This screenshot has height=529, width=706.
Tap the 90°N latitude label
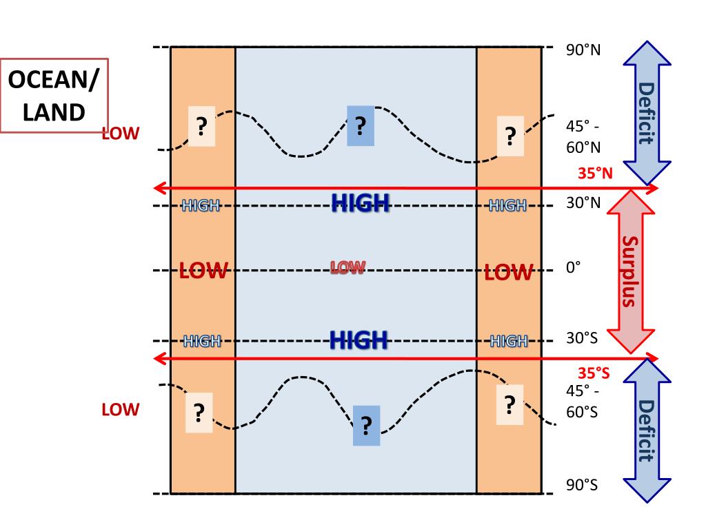tap(582, 52)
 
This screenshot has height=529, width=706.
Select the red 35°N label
tap(594, 174)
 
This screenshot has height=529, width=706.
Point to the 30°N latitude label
tap(582, 203)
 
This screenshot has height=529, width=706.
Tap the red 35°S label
tap(594, 373)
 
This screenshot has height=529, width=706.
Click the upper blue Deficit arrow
tap(647, 113)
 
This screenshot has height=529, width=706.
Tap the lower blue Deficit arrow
tap(646, 430)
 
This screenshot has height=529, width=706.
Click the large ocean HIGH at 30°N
tap(361, 202)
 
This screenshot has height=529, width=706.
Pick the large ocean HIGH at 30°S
tap(359, 340)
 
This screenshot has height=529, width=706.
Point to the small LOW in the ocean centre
tap(347, 267)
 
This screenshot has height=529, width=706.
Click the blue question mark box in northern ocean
tap(361, 126)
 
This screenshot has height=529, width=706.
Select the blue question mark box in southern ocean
tap(366, 425)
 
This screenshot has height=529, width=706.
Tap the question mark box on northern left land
tap(201, 127)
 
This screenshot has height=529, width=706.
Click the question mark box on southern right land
tap(510, 404)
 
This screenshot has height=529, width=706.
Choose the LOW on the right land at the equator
tap(509, 273)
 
